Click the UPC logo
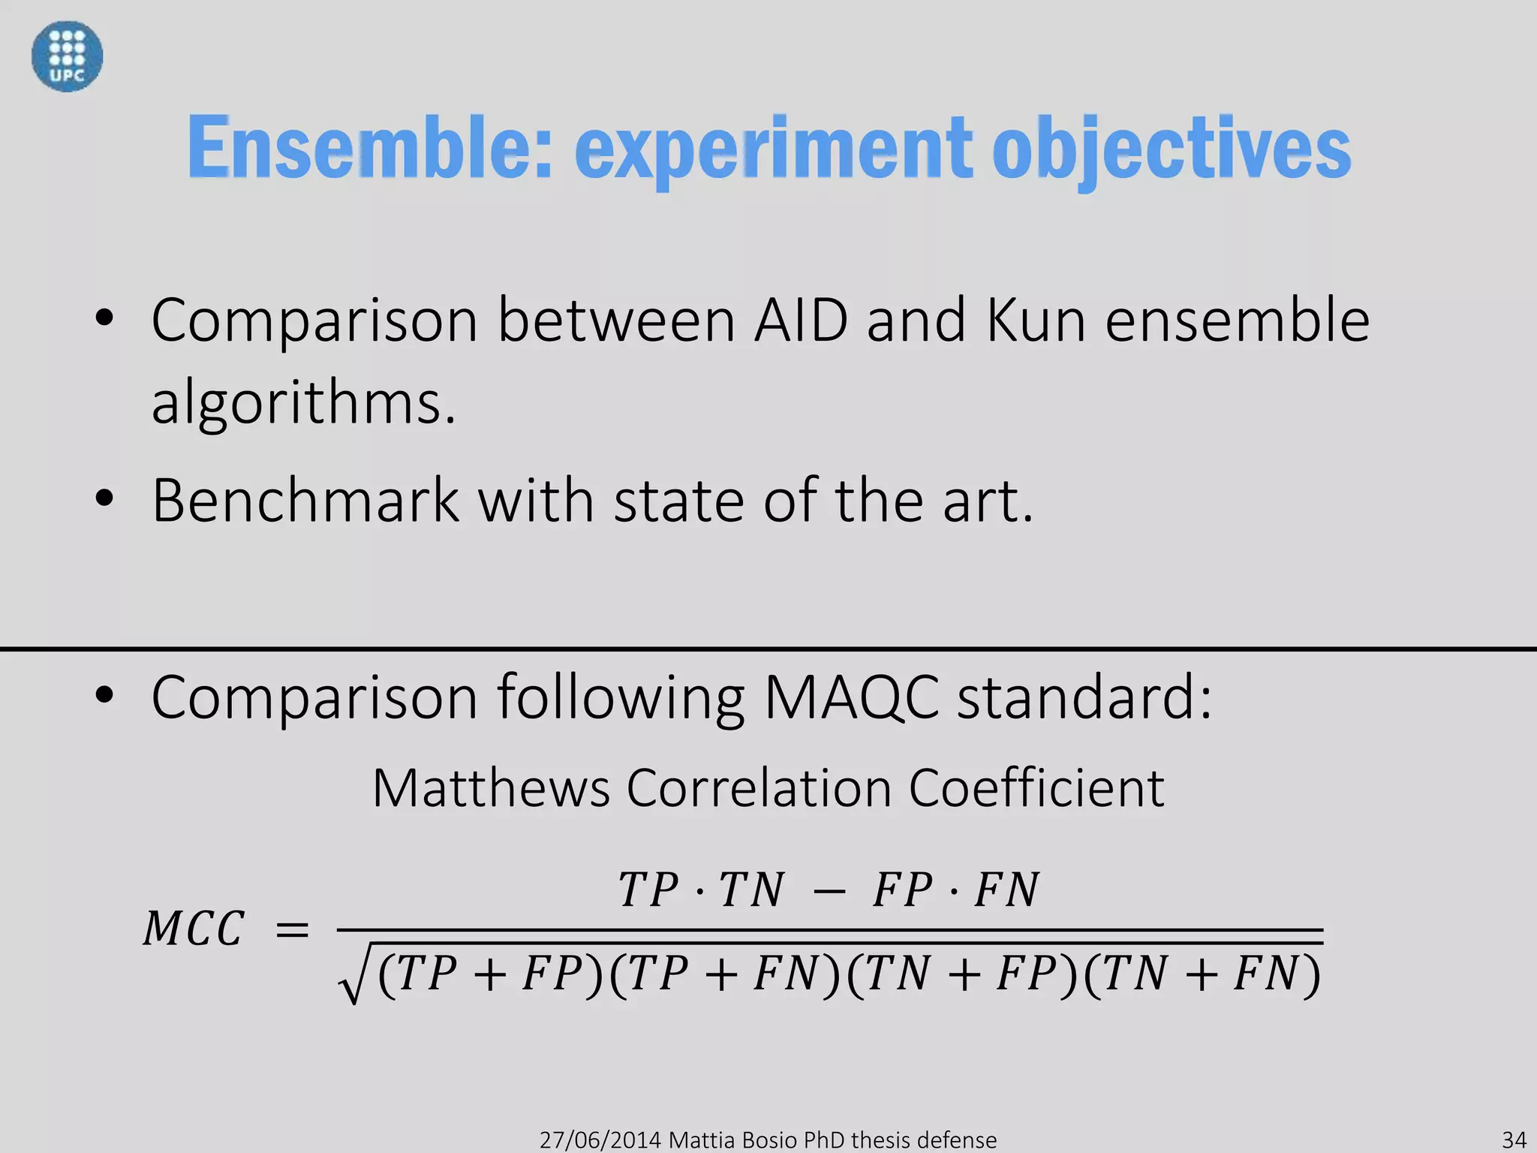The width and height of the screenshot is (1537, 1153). pos(67,56)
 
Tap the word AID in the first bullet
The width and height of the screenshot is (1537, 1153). pos(801,321)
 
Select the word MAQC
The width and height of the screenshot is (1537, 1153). pos(851,697)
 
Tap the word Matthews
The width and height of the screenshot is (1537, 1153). pos(491,788)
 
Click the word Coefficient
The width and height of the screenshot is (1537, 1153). pos(1036,788)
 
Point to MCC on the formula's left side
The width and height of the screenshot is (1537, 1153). pos(194,929)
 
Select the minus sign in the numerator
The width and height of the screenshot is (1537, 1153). pos(827,892)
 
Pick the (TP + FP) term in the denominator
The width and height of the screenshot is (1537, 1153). pos(491,974)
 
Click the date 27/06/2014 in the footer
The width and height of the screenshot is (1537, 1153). pos(600,1139)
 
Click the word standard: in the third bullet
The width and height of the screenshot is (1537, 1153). pos(1084,697)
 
